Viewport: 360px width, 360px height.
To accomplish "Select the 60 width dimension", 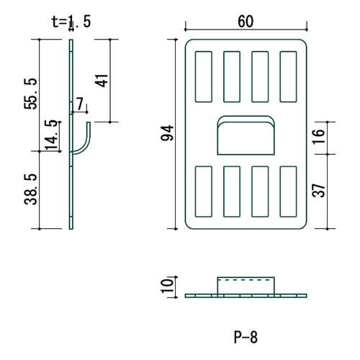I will pyautogui.click(x=246, y=21).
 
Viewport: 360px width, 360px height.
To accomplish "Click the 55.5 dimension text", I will pyautogui.click(x=31, y=94).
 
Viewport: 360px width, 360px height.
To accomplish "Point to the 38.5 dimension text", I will pyautogui.click(x=31, y=189).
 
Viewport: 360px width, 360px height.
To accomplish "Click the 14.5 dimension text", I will pyautogui.click(x=51, y=135).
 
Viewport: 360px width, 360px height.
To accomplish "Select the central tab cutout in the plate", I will pyautogui.click(x=246, y=135).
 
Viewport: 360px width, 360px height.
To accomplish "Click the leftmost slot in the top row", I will pyautogui.click(x=203, y=75).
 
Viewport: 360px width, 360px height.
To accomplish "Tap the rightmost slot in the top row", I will pyautogui.click(x=288, y=75).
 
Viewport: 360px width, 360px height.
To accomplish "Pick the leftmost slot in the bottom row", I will pyautogui.click(x=203, y=191).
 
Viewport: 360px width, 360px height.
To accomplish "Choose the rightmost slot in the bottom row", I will pyautogui.click(x=288, y=191).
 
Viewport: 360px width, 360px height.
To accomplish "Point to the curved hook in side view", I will pyautogui.click(x=84, y=140).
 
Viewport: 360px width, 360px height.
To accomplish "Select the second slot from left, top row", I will pyautogui.click(x=232, y=75).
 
